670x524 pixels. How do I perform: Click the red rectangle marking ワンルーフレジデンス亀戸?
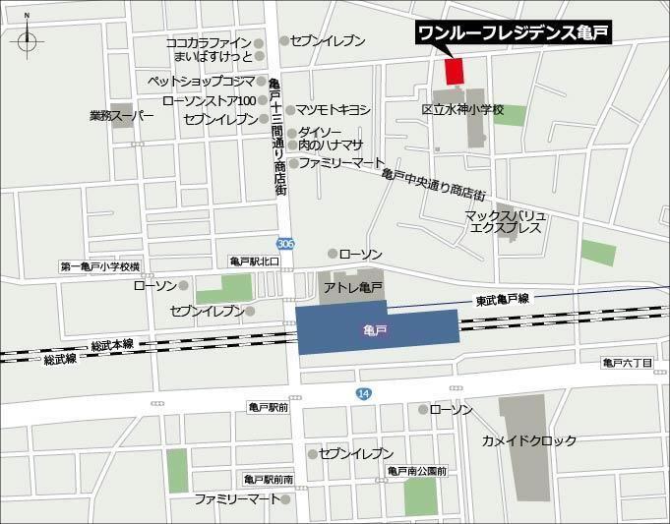coord(454,71)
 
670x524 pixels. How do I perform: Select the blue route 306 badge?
coord(284,244)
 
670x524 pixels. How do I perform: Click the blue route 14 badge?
coord(364,392)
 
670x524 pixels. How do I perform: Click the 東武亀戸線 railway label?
coord(502,299)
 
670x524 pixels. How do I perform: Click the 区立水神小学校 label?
coord(461,110)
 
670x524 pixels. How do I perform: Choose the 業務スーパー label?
coord(122,115)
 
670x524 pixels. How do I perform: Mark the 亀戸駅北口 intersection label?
coord(255,262)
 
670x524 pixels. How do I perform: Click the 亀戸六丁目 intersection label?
coord(627,364)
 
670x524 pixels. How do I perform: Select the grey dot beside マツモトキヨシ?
coord(290,109)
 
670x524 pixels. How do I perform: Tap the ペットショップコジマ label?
coord(201,81)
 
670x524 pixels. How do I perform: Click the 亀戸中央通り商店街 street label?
coord(434,185)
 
